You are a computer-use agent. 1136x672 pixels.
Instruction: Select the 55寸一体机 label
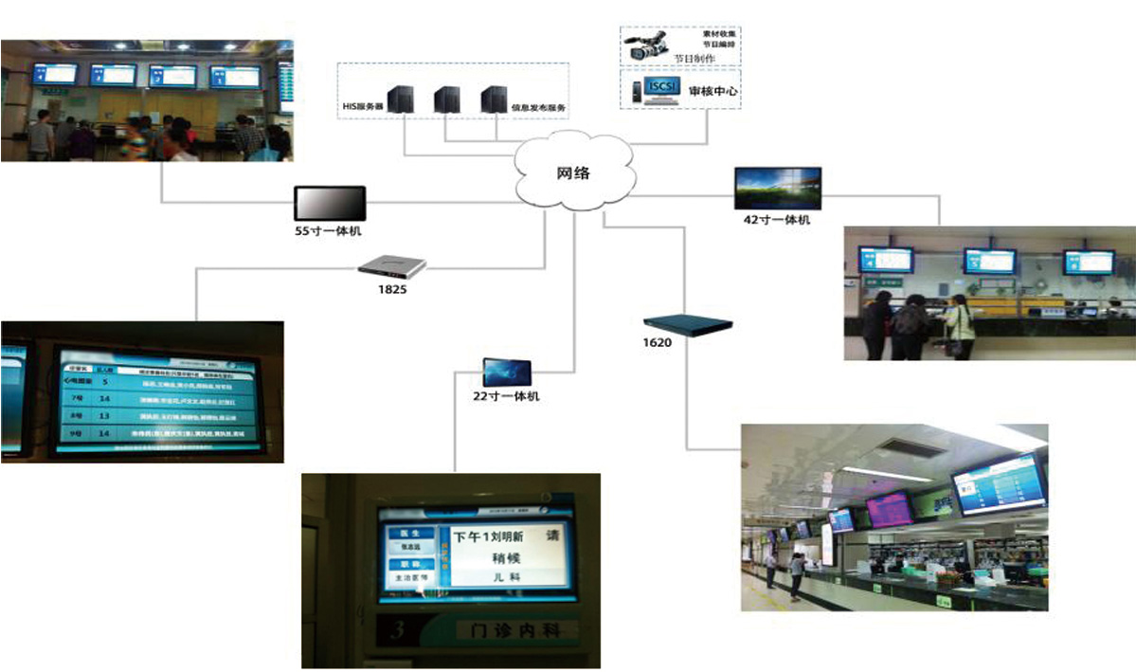(x=328, y=230)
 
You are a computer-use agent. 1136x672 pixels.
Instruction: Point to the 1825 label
(x=391, y=288)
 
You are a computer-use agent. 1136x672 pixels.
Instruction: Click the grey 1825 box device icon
(x=392, y=266)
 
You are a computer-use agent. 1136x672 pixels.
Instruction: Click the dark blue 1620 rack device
(x=689, y=323)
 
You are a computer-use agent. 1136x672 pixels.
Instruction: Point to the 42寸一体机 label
(x=777, y=220)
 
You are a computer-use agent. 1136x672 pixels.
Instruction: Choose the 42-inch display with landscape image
(x=778, y=188)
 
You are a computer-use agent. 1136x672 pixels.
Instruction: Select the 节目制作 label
(x=694, y=58)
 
